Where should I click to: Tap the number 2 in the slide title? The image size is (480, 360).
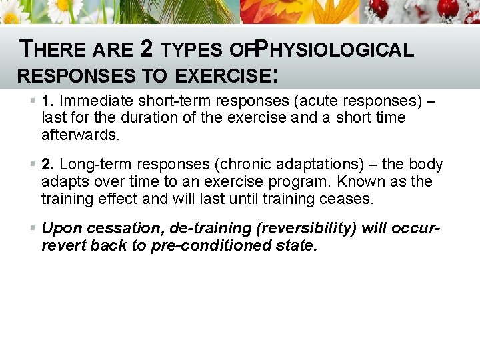147,49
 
